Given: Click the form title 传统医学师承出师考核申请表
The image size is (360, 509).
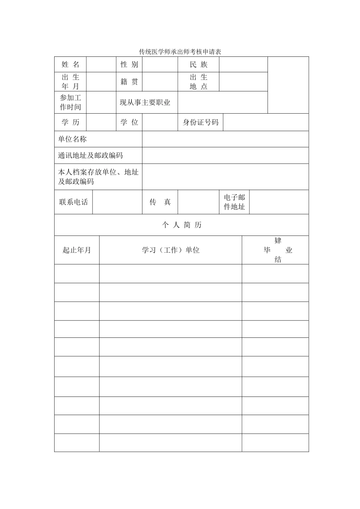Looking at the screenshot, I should pyautogui.click(x=180, y=52).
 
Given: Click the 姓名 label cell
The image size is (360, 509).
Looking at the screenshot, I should pyautogui.click(x=70, y=64).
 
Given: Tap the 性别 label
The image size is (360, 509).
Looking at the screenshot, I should pyautogui.click(x=129, y=64).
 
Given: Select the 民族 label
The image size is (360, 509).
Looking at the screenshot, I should pyautogui.click(x=199, y=64).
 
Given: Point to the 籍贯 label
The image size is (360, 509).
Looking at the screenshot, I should pyautogui.click(x=129, y=82).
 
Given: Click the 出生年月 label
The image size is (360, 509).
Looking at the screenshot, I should pyautogui.click(x=70, y=81).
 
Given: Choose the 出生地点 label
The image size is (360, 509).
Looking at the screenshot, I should pyautogui.click(x=199, y=81).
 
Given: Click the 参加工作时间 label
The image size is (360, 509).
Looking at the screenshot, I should pyautogui.click(x=70, y=102).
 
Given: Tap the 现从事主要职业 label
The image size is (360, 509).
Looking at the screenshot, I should pyautogui.click(x=145, y=102).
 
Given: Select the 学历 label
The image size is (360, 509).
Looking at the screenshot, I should pyautogui.click(x=70, y=122).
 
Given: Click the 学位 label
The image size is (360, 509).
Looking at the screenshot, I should pyautogui.click(x=129, y=122).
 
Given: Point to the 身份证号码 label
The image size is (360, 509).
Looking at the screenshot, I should pyautogui.click(x=200, y=122).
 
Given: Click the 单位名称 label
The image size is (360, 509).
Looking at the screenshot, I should pyautogui.click(x=72, y=139).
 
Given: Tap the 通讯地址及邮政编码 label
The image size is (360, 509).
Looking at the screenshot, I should pyautogui.click(x=90, y=155).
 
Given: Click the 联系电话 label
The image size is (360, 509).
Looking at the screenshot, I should pyautogui.click(x=74, y=202).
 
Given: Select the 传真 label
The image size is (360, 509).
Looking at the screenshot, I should pyautogui.click(x=160, y=202).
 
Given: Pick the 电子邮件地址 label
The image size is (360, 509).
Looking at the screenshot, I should pyautogui.click(x=235, y=202).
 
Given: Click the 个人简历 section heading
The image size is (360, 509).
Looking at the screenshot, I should pyautogui.click(x=182, y=225).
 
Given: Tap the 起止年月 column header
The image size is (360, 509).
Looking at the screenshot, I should pyautogui.click(x=77, y=250).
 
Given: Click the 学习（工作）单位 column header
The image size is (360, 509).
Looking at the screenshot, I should pyautogui.click(x=171, y=250).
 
